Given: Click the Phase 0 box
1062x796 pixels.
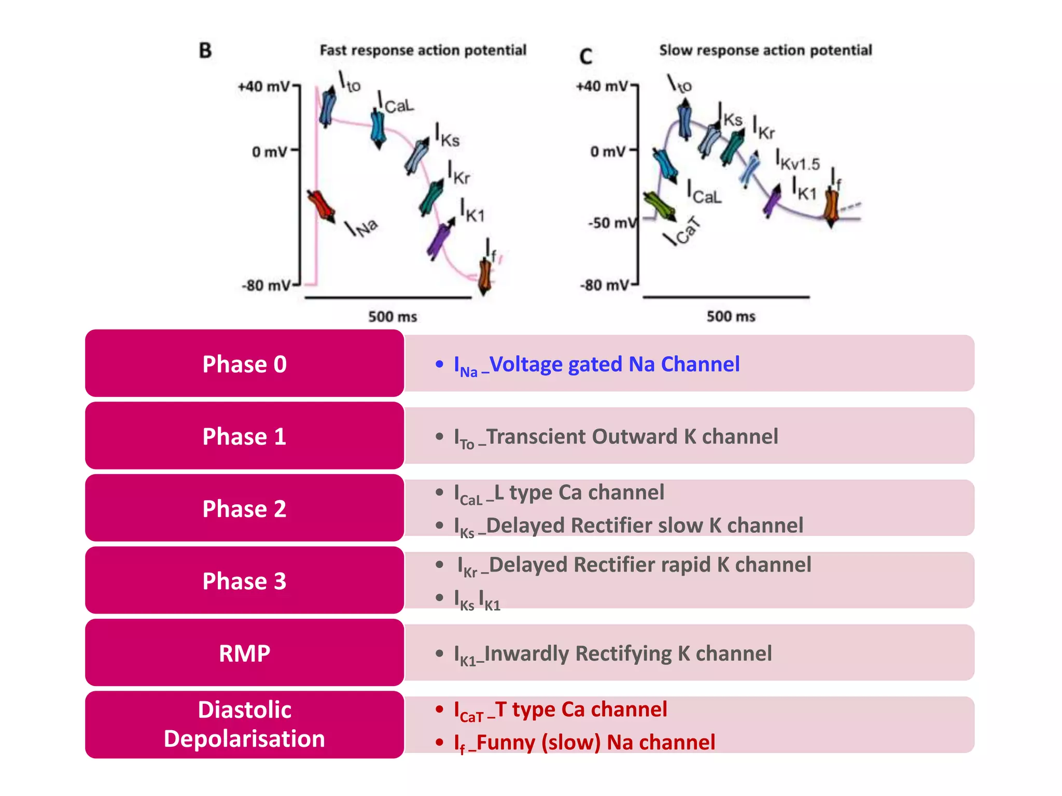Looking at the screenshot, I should tap(244, 364).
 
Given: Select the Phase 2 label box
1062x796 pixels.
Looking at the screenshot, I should tap(244, 508).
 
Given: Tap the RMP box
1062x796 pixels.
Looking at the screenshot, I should tap(244, 653).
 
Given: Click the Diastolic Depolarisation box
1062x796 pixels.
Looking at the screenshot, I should tap(244, 724).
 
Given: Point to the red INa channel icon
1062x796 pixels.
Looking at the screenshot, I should tap(321, 206).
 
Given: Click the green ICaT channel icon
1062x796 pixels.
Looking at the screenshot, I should tap(660, 206).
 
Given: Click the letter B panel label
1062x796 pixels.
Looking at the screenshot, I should tap(205, 51).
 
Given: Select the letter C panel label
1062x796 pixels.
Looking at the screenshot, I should tap(586, 56).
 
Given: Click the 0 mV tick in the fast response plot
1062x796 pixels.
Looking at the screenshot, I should tap(270, 152).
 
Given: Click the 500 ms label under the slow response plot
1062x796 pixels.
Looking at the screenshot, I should tap(731, 316).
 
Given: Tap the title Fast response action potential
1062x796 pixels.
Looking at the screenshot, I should tap(423, 50).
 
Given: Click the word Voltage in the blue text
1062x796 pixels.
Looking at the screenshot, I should tap(526, 364).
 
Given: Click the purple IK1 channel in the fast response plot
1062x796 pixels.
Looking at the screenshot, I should tap(439, 240).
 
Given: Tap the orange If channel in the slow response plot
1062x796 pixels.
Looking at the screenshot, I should tap(831, 207).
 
